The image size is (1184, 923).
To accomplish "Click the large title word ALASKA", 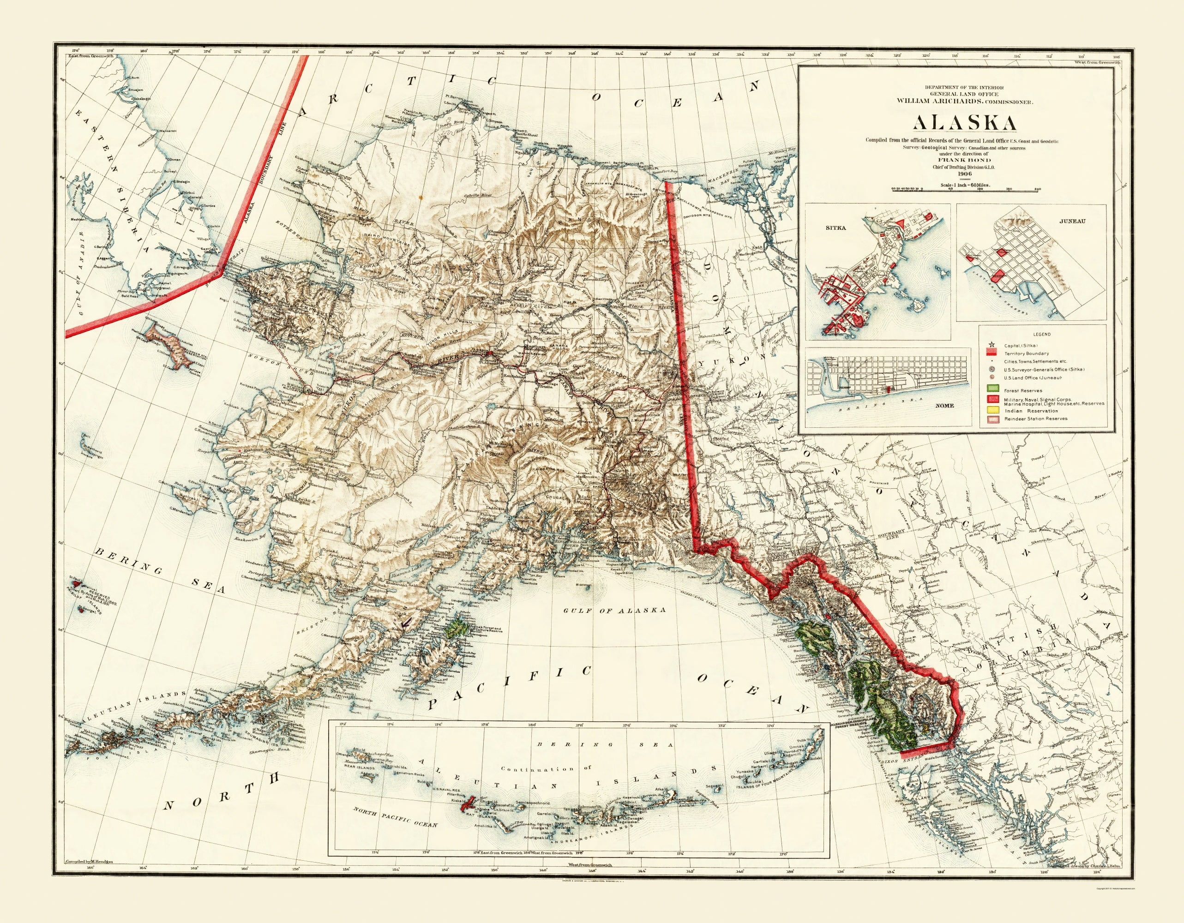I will pyautogui.click(x=956, y=123).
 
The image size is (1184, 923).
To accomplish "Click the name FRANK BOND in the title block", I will pyautogui.click(x=956, y=161).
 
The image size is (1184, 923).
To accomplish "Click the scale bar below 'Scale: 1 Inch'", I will pyautogui.click(x=956, y=190).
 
